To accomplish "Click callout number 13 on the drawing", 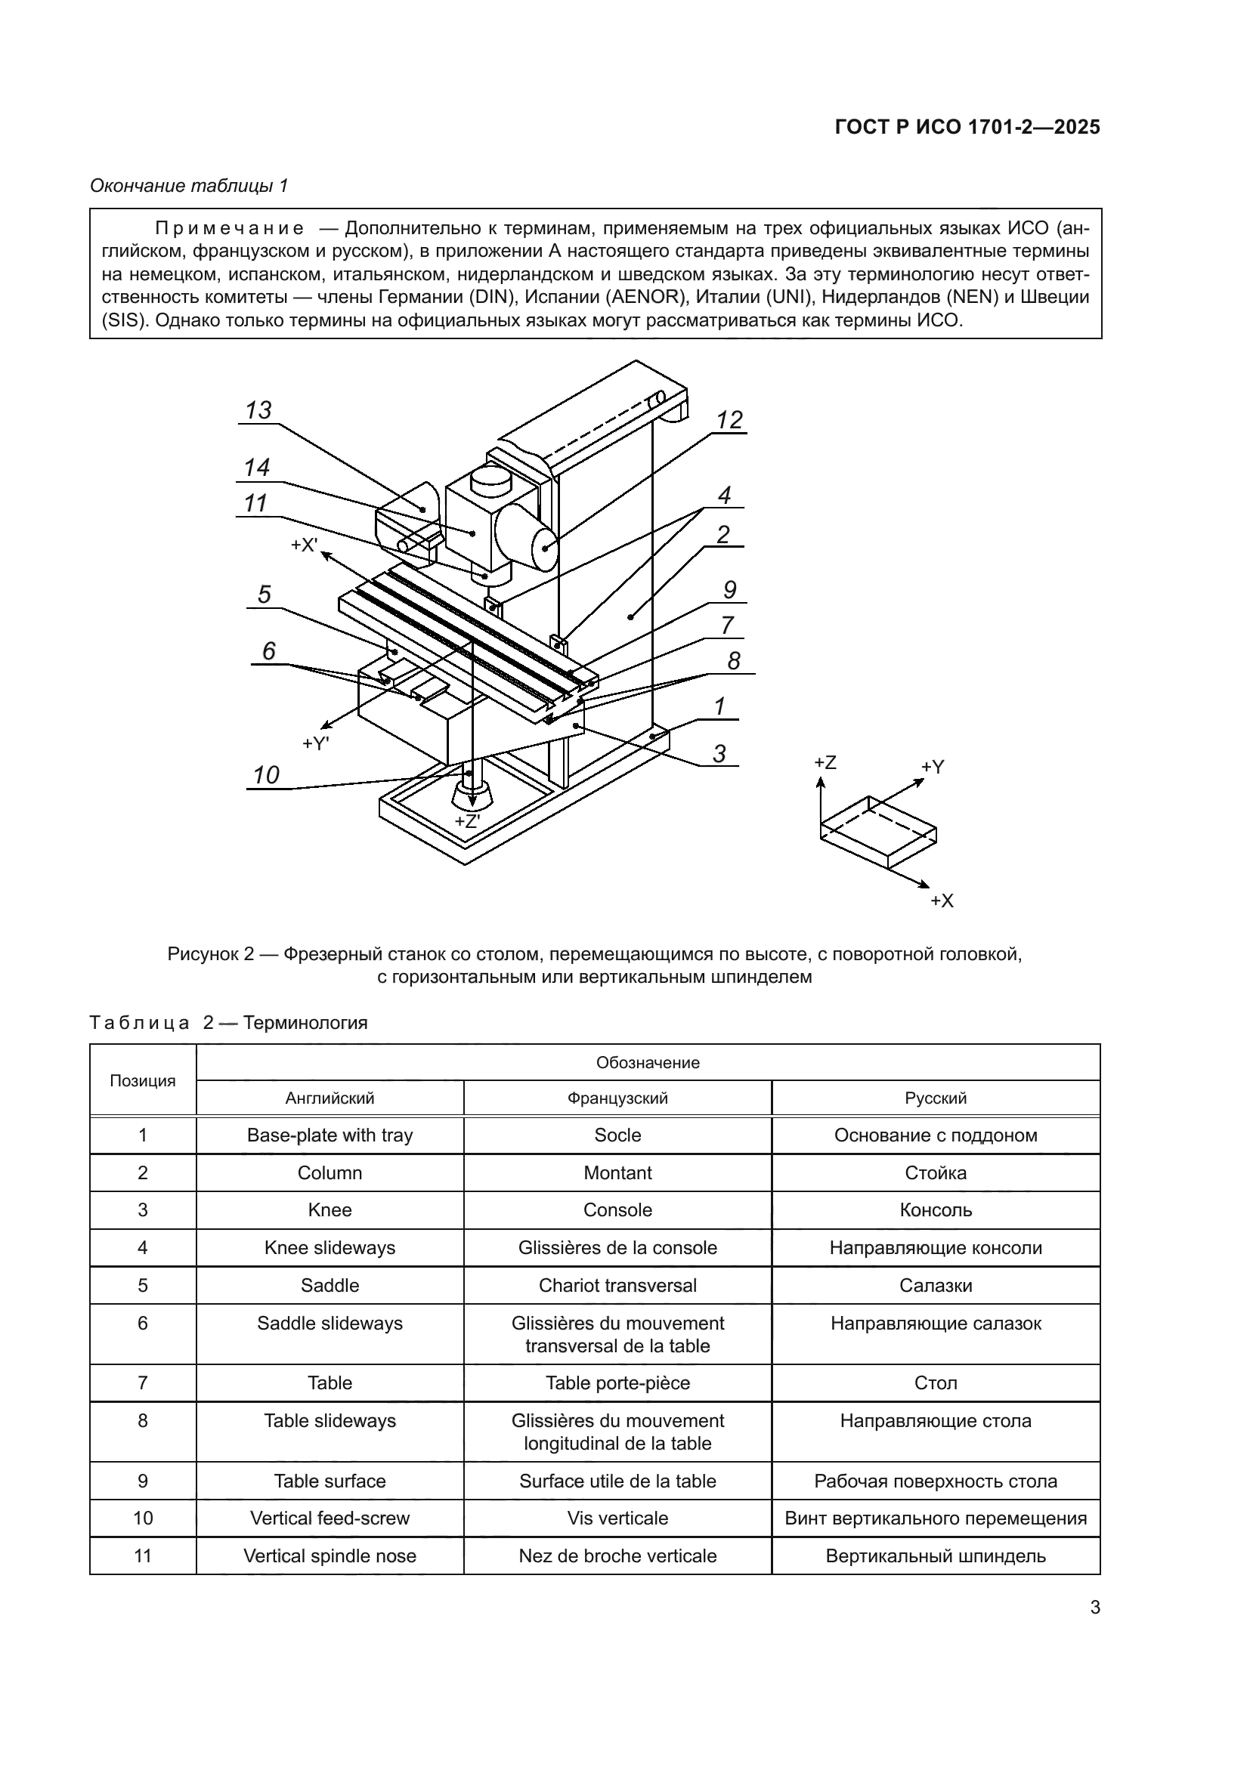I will [258, 410].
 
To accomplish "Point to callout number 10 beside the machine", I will [266, 775].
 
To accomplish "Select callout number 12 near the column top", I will [729, 420].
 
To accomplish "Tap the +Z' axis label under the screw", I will [466, 821].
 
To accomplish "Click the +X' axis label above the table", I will [304, 545].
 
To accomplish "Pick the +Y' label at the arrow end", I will [316, 743].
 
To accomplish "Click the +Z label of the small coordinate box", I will [825, 763].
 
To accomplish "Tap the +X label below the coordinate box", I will [942, 900].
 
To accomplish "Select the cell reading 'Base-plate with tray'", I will [330, 1135].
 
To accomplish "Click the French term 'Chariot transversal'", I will [617, 1285].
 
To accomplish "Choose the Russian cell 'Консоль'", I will [935, 1209].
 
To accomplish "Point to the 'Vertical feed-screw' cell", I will [330, 1518].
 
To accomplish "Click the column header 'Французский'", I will [617, 1098].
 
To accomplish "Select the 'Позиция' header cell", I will [142, 1080].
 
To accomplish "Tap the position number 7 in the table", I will [142, 1383].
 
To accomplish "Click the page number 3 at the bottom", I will [1094, 1608].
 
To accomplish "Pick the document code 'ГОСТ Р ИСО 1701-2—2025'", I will [967, 128].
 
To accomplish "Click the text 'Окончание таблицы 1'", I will [189, 186].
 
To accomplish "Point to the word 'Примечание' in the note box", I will [230, 229].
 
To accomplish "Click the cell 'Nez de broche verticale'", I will [617, 1556].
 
